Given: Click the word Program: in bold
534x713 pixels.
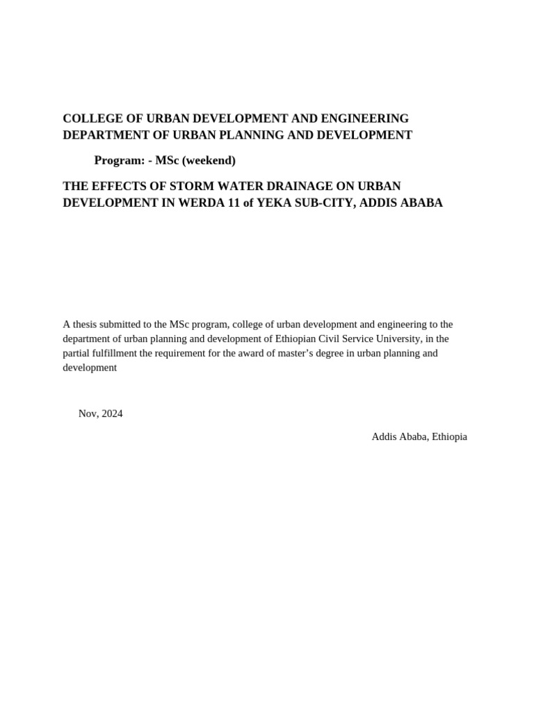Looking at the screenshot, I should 118,161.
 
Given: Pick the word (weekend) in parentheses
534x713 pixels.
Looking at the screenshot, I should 209,161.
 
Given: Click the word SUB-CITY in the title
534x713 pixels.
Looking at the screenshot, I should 315,203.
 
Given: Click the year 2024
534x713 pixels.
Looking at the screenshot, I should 111,414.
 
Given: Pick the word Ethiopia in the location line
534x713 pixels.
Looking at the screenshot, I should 449,437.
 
